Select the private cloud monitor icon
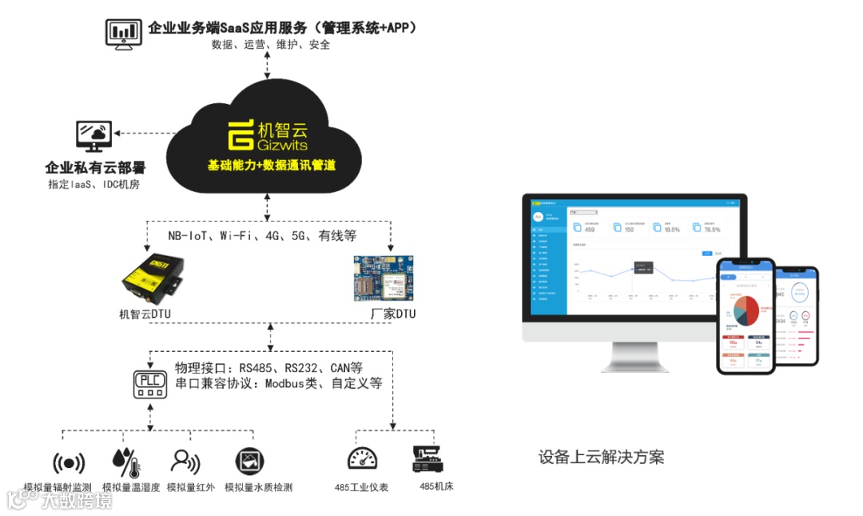94,138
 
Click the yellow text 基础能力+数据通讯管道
271,166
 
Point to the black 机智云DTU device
156,277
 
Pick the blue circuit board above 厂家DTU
383,279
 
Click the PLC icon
150,382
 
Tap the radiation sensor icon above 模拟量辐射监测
69,462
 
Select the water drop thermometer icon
125,462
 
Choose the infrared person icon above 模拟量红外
185,462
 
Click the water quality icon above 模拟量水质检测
250,462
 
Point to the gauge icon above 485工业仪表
362,458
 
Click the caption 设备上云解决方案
601,458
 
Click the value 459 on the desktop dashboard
590,230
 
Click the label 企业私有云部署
95,168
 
